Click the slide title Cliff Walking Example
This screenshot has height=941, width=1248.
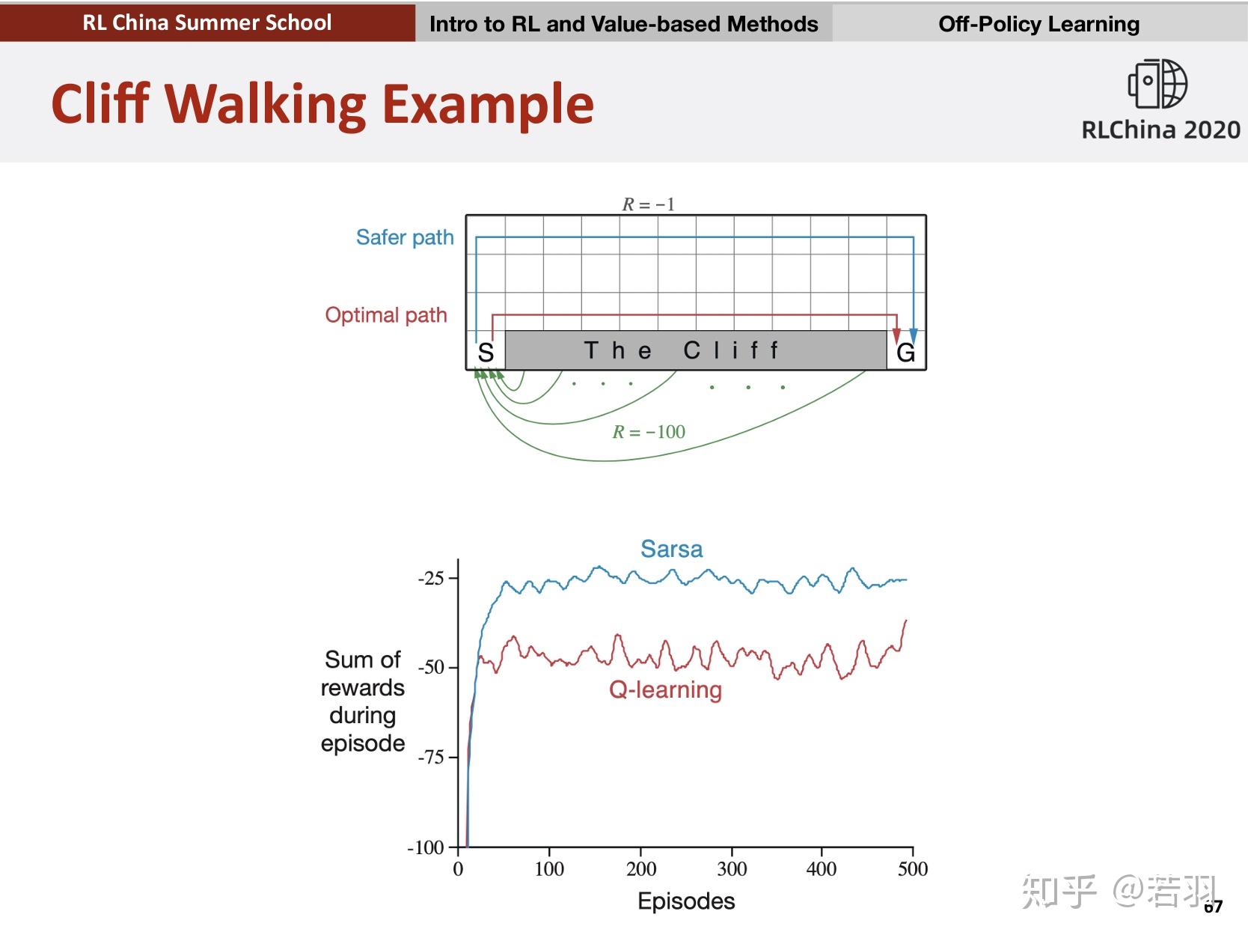[322, 103]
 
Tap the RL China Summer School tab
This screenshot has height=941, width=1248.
[207, 22]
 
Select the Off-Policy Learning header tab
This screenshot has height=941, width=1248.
[1039, 24]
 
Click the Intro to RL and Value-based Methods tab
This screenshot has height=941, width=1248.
[624, 24]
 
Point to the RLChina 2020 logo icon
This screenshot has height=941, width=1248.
[1157, 84]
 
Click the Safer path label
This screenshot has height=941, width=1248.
[405, 237]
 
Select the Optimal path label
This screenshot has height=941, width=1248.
[386, 314]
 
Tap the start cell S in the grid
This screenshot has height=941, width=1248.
[486, 352]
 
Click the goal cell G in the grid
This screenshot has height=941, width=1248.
[906, 353]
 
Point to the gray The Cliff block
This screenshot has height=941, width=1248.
[696, 350]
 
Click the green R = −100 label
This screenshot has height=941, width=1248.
[649, 432]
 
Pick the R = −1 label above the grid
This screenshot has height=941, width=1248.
[649, 204]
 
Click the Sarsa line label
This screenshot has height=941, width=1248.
[671, 549]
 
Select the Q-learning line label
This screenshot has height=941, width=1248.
[665, 689]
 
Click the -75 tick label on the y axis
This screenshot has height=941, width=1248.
[431, 758]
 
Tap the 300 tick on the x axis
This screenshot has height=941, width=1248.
[732, 868]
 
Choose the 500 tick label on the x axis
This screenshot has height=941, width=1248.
[913, 868]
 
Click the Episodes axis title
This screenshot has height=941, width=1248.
[686, 901]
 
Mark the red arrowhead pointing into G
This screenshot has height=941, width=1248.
[896, 335]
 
